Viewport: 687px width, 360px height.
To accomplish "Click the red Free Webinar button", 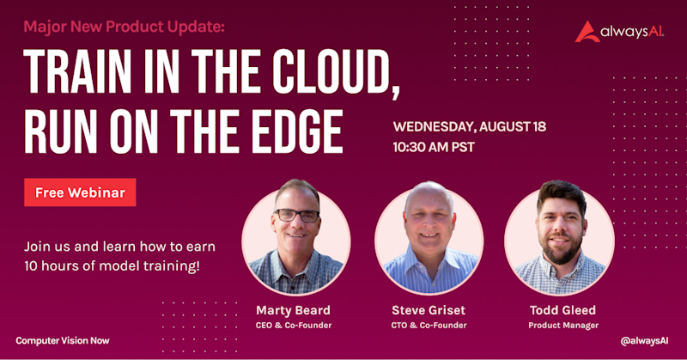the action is coord(80,192).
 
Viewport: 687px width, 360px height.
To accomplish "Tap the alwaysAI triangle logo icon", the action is coord(587,32).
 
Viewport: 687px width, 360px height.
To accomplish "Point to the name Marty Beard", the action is coord(293,310).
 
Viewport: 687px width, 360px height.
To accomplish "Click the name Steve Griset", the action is coord(429,310).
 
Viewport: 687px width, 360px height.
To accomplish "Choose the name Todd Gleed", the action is coord(563,310).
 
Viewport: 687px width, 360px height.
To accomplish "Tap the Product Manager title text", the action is coord(563,326).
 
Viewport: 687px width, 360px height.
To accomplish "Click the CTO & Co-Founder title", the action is coord(429,326).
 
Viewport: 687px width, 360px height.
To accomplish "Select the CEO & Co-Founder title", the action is coord(294,326).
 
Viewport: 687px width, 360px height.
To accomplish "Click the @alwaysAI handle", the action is coord(645,341).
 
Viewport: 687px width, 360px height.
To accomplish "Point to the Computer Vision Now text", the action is coord(63,341).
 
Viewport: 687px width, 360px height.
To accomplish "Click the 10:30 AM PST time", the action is coord(434,147).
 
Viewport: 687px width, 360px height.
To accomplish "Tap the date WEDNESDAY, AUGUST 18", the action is coord(469,126).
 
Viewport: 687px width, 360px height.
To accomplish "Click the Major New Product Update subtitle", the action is coord(124,27).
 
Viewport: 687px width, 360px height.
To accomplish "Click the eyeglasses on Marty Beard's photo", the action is coord(296,216).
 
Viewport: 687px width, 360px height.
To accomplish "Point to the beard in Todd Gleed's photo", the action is coord(562,251).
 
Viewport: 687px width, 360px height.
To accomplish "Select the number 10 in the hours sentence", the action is coord(31,266).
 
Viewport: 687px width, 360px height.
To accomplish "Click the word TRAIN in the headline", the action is coord(77,71).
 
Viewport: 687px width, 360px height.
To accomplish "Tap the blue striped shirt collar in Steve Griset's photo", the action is coord(429,259).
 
